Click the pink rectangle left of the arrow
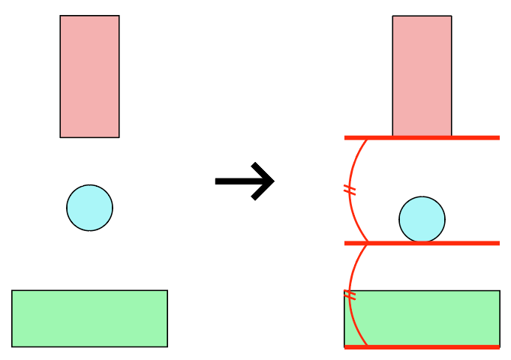tap(89, 76)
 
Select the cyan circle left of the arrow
tap(89, 208)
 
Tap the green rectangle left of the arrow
tap(89, 319)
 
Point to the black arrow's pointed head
tap(272, 181)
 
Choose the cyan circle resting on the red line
tap(422, 220)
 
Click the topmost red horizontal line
tap(450, 138)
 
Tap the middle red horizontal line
tap(450, 243)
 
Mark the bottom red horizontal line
tap(450, 346)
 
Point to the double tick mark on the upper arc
tap(349, 190)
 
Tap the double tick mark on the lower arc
tap(349, 295)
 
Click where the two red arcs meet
tap(367, 243)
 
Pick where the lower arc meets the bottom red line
tap(367, 346)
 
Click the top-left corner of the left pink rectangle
tap(60, 16)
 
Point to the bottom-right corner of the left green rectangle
tap(167, 346)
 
